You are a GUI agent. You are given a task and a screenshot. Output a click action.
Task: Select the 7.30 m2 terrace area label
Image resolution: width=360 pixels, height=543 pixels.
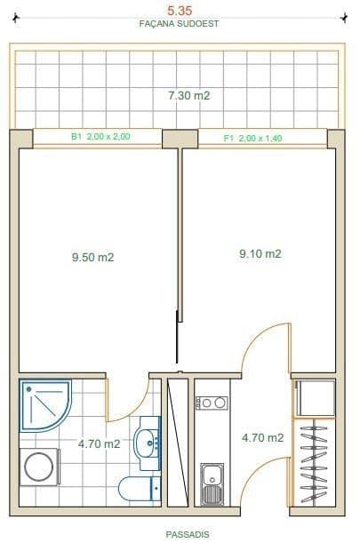coord(188,94)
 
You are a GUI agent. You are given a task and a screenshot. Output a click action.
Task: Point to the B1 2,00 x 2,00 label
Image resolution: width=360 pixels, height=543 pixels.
coord(100,138)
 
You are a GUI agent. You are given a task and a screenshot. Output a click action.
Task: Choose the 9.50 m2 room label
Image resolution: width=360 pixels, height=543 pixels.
coord(93,258)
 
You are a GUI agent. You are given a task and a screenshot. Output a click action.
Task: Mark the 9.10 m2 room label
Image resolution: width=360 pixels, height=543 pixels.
coord(260,253)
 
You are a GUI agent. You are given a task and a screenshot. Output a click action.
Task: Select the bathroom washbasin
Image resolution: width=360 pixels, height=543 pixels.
coord(148,442)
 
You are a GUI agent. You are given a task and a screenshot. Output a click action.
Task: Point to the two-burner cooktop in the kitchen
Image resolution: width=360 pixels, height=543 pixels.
coord(212,403)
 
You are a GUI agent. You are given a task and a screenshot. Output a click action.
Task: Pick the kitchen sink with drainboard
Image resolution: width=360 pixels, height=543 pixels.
coord(212,483)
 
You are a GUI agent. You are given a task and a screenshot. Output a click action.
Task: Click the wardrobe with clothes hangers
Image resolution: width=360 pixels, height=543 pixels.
coord(315,462)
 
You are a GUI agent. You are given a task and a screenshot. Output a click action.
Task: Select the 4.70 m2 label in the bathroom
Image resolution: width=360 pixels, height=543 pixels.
coord(98,444)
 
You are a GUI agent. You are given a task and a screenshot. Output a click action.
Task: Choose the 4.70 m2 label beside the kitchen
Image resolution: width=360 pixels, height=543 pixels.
coord(263,437)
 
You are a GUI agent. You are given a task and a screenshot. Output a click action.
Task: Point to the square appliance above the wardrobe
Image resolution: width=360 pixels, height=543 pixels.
coord(316,397)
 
